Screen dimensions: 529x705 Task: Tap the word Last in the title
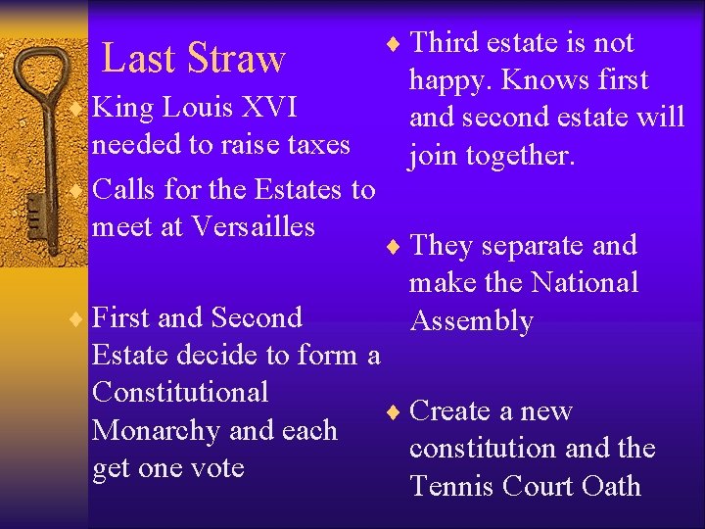138,59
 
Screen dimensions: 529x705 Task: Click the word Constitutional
179,392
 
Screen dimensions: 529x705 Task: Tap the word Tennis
454,486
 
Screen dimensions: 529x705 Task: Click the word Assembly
472,321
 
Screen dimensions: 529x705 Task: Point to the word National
584,283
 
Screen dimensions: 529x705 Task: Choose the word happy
449,80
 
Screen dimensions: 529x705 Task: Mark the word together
520,155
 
